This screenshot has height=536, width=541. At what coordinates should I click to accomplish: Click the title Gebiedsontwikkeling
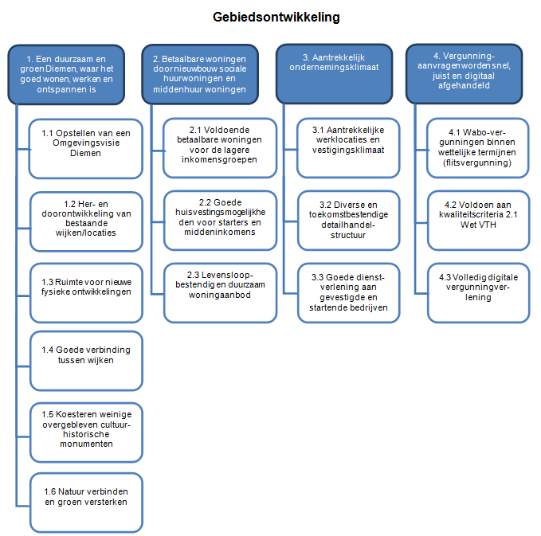coord(276,17)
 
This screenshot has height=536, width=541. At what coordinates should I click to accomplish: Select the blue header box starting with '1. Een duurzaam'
coord(66,75)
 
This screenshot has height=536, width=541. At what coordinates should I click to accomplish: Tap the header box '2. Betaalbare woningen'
coord(200,74)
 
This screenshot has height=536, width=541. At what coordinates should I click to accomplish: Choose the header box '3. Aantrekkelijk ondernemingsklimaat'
coord(335,74)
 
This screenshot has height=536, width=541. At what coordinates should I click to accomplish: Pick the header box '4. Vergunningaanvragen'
coord(464,74)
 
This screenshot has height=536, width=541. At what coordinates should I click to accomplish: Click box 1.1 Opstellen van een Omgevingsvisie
coord(86,149)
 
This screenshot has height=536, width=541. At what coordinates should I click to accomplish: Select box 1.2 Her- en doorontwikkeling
coord(86,221)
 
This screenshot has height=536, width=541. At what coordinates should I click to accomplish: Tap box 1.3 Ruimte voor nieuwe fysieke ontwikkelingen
coord(86,293)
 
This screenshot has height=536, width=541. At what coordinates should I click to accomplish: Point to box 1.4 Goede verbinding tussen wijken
coord(86,361)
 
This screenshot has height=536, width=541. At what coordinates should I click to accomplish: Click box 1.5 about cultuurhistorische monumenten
coord(86,432)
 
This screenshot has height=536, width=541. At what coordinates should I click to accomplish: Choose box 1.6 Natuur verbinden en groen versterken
coord(86,503)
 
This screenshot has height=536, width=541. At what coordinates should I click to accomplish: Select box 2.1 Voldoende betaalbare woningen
coord(220,148)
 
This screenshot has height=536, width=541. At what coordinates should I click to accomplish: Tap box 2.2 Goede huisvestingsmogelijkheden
coord(221,221)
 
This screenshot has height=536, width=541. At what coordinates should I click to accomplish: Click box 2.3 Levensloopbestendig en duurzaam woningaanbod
coord(221,293)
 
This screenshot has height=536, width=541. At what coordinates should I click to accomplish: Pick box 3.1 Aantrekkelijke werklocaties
coord(348,148)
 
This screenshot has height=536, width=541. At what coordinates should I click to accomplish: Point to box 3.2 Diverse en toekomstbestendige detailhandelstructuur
coord(349,221)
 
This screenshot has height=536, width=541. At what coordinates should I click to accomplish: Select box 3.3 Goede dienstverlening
coord(349,293)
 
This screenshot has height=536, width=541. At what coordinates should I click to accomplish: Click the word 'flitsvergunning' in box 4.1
coord(477,162)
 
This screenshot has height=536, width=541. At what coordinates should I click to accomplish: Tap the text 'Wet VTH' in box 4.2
coord(478,225)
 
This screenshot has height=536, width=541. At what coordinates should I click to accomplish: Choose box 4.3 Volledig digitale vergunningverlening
coord(479,293)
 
